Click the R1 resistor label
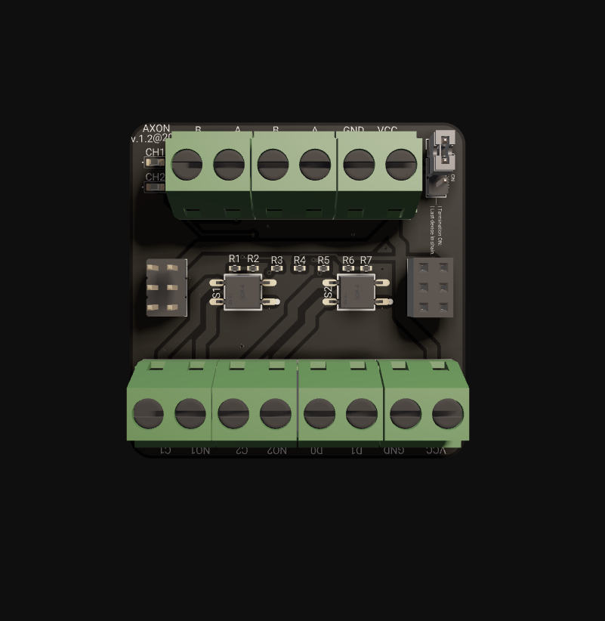(x=234, y=259)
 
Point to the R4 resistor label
(x=300, y=261)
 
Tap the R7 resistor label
(x=366, y=261)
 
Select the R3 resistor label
(x=276, y=261)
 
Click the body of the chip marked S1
(x=242, y=292)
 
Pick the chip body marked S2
(x=356, y=292)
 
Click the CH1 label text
(x=155, y=153)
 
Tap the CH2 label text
(x=155, y=178)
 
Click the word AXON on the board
(x=156, y=128)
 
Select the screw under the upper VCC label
(x=401, y=164)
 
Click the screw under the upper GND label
(x=359, y=164)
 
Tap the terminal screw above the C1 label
(x=148, y=414)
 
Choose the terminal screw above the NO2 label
(x=276, y=414)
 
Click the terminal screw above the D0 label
(x=319, y=414)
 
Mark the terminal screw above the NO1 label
(x=190, y=414)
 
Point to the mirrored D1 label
(x=357, y=451)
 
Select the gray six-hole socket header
(x=431, y=287)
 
